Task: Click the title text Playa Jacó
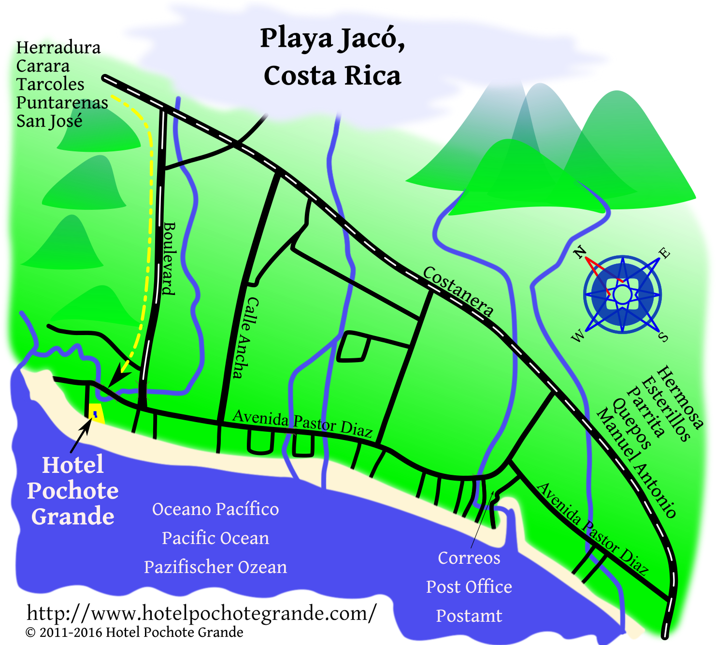pyautogui.click(x=332, y=39)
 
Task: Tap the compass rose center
pyautogui.click(x=622, y=294)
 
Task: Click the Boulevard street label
pyautogui.click(x=169, y=258)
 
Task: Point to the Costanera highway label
pyautogui.click(x=458, y=292)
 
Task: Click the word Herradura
pyautogui.click(x=58, y=47)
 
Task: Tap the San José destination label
pyautogui.click(x=49, y=121)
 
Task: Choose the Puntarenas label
pyautogui.click(x=62, y=103)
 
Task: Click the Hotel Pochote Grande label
pyautogui.click(x=73, y=490)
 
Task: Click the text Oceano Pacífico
pyautogui.click(x=215, y=509)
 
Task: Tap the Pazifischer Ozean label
pyautogui.click(x=215, y=567)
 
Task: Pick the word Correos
pyautogui.click(x=469, y=557)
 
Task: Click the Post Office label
pyautogui.click(x=469, y=586)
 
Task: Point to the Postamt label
pyautogui.click(x=469, y=616)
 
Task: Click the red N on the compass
pyautogui.click(x=580, y=252)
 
